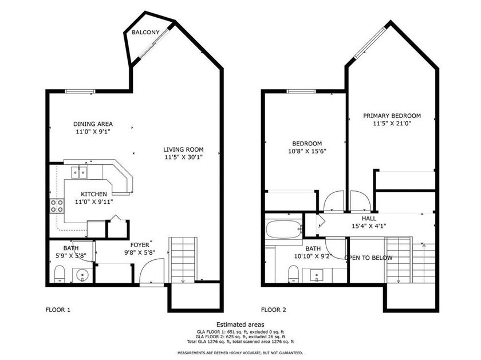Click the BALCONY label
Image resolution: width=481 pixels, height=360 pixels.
coord(145,32)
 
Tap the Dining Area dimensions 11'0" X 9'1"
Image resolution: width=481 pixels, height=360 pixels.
coord(93,132)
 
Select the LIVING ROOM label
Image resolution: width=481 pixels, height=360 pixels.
coord(183,149)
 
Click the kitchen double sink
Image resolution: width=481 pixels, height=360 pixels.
coord(79,172)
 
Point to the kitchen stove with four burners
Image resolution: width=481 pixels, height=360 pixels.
coord(57,206)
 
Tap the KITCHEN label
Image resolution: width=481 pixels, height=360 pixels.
coord(94,194)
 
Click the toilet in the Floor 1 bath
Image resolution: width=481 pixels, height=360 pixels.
coord(59,274)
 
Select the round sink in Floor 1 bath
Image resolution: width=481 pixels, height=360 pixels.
coord(82,275)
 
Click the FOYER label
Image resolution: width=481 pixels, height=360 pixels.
coord(140,245)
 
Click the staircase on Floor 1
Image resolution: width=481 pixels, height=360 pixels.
coord(183,259)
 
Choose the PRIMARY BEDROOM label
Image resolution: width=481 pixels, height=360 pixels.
coord(392,116)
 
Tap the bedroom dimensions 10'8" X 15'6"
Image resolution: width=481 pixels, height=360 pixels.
coord(307,151)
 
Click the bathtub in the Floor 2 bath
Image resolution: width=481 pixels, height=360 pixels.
coord(284,229)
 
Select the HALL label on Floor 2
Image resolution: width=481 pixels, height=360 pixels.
coord(369,219)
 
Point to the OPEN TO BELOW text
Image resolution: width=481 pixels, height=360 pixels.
coord(368,258)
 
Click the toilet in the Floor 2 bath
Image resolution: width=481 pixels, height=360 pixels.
coord(294,274)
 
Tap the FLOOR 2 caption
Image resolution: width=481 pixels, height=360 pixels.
coord(273,310)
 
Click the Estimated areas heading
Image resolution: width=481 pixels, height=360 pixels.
coord(240,325)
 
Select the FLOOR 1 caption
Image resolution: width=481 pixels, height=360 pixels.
coord(58,310)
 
